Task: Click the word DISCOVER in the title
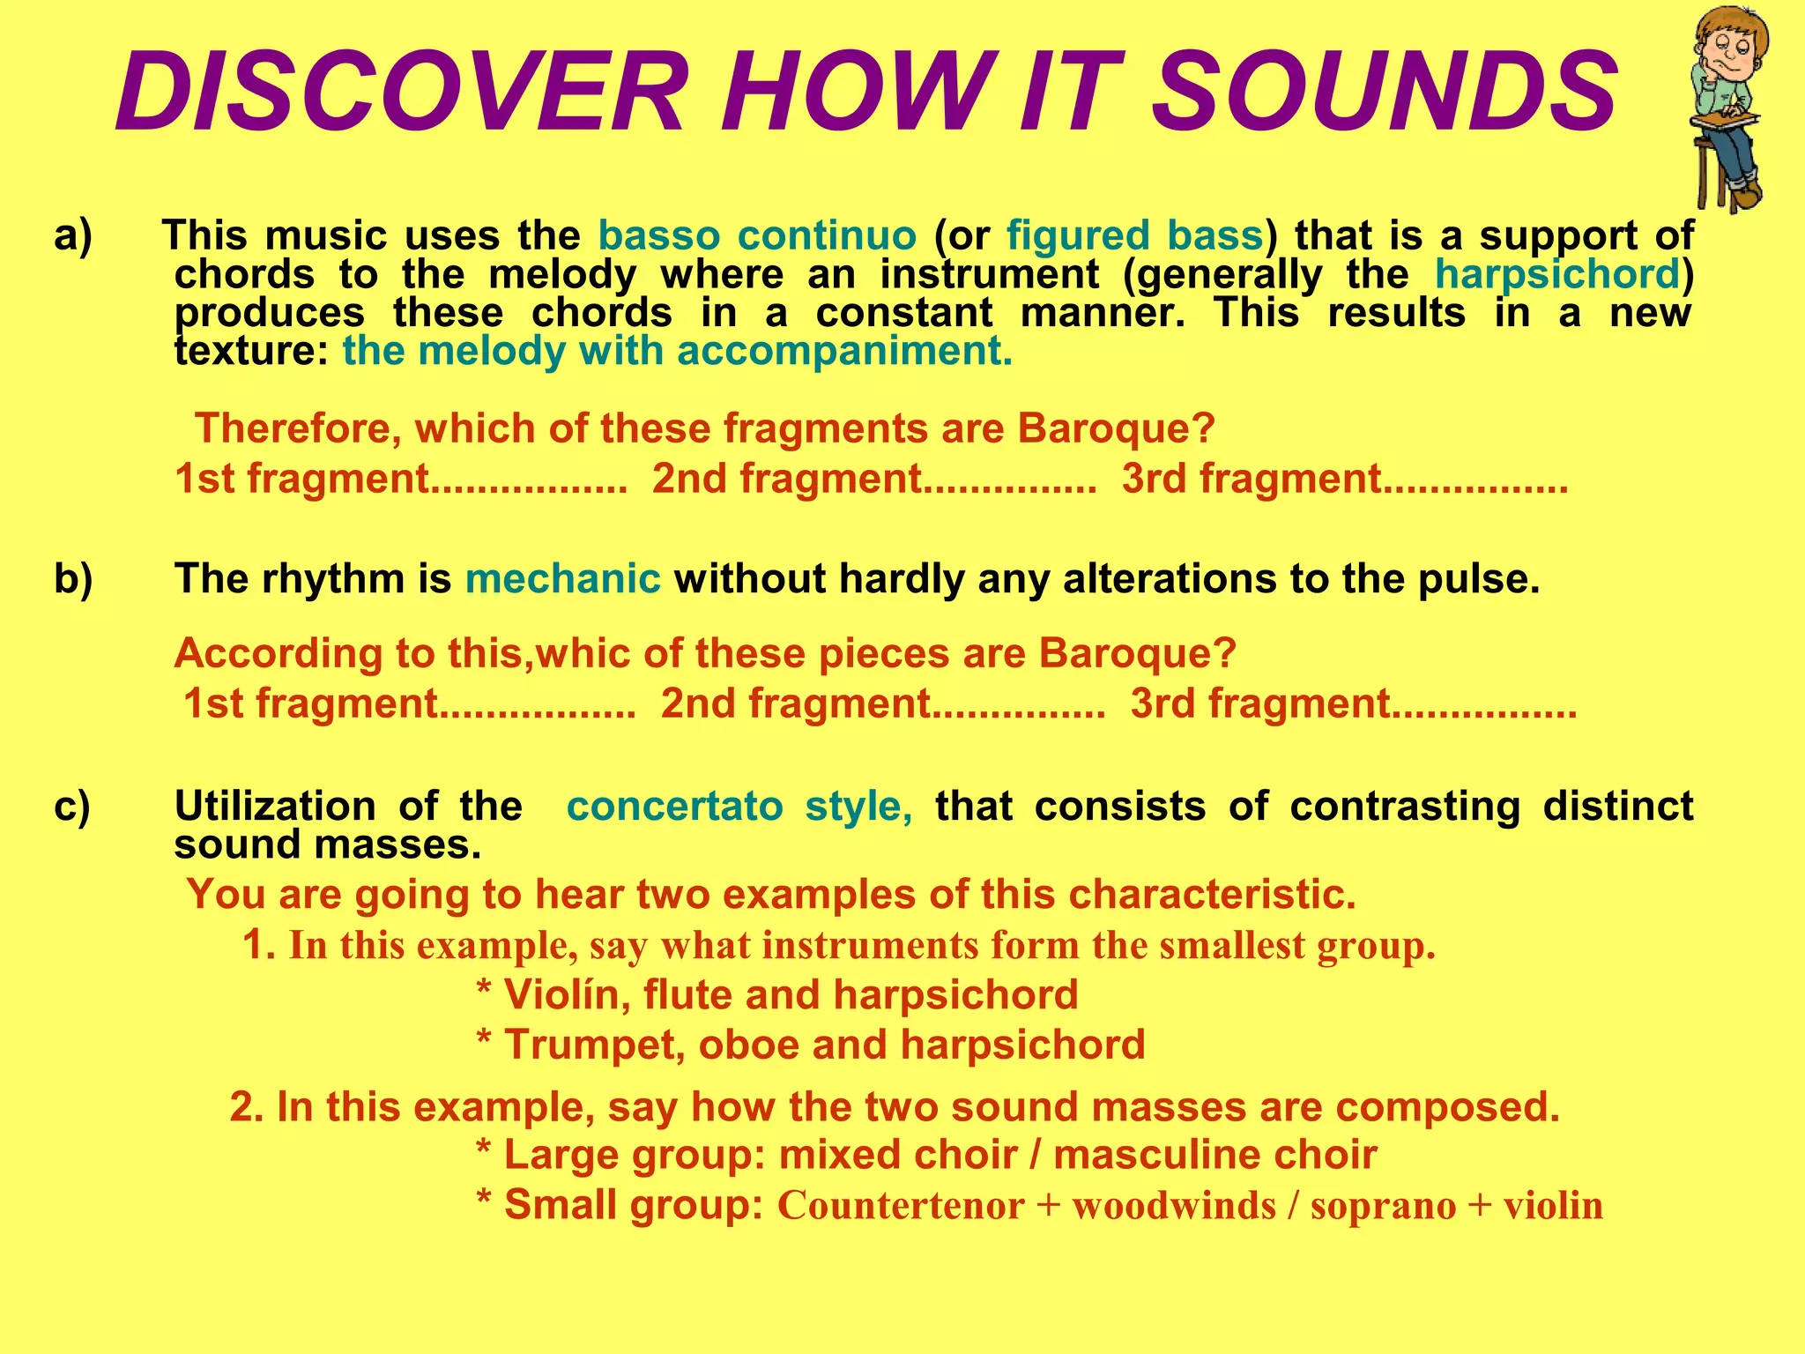pos(401,93)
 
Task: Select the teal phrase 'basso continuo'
pos(758,236)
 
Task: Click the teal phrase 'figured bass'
pos(1135,236)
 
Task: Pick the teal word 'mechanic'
pos(562,579)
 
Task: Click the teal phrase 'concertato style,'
pos(739,807)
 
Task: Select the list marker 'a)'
pos(73,236)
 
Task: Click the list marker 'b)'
pos(73,579)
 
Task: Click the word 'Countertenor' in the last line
pos(900,1206)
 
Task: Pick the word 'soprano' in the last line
pos(1383,1206)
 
